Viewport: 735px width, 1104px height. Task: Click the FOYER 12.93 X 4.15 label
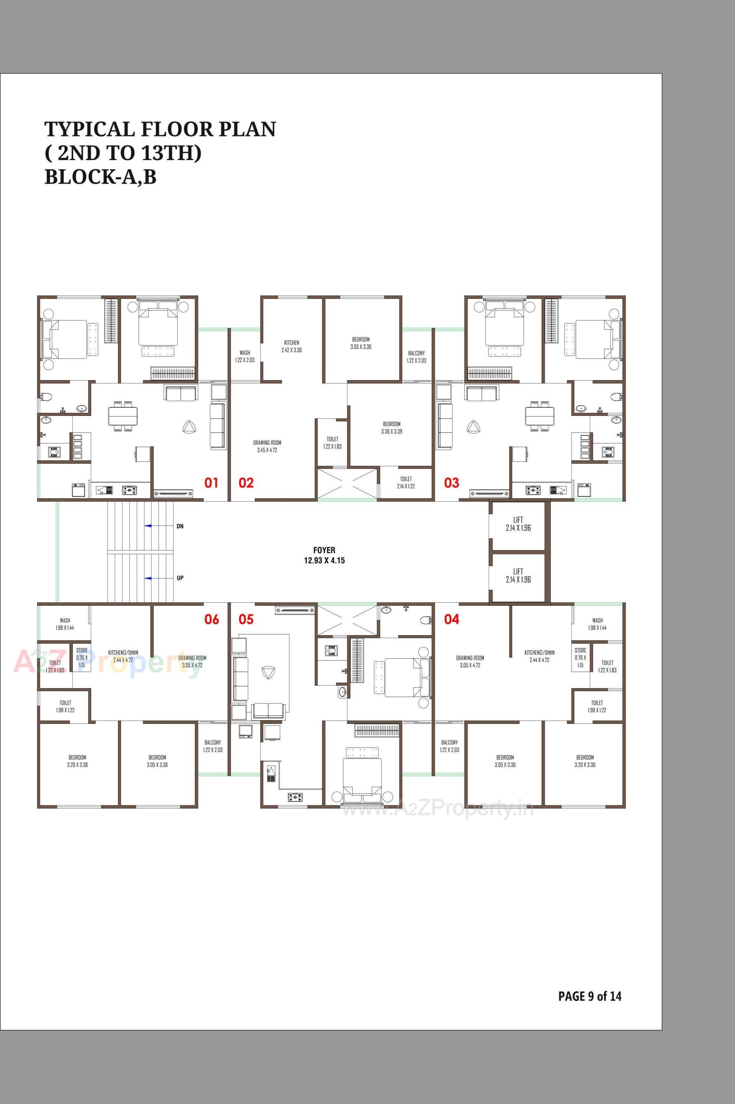324,555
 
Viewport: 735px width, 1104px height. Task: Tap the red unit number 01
211,482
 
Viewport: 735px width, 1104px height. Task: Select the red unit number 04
451,619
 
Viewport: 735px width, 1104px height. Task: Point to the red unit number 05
246,619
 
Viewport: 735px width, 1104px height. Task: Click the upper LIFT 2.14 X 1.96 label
518,523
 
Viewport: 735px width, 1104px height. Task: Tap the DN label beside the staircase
180,527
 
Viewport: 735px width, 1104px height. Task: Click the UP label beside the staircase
180,578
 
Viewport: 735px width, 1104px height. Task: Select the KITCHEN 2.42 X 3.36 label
292,346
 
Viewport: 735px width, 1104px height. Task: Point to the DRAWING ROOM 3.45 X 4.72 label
267,446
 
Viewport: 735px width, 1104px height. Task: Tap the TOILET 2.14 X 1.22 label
406,483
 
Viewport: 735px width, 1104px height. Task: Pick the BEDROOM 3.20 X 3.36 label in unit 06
78,761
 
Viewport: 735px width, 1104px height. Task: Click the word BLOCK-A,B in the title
100,177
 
